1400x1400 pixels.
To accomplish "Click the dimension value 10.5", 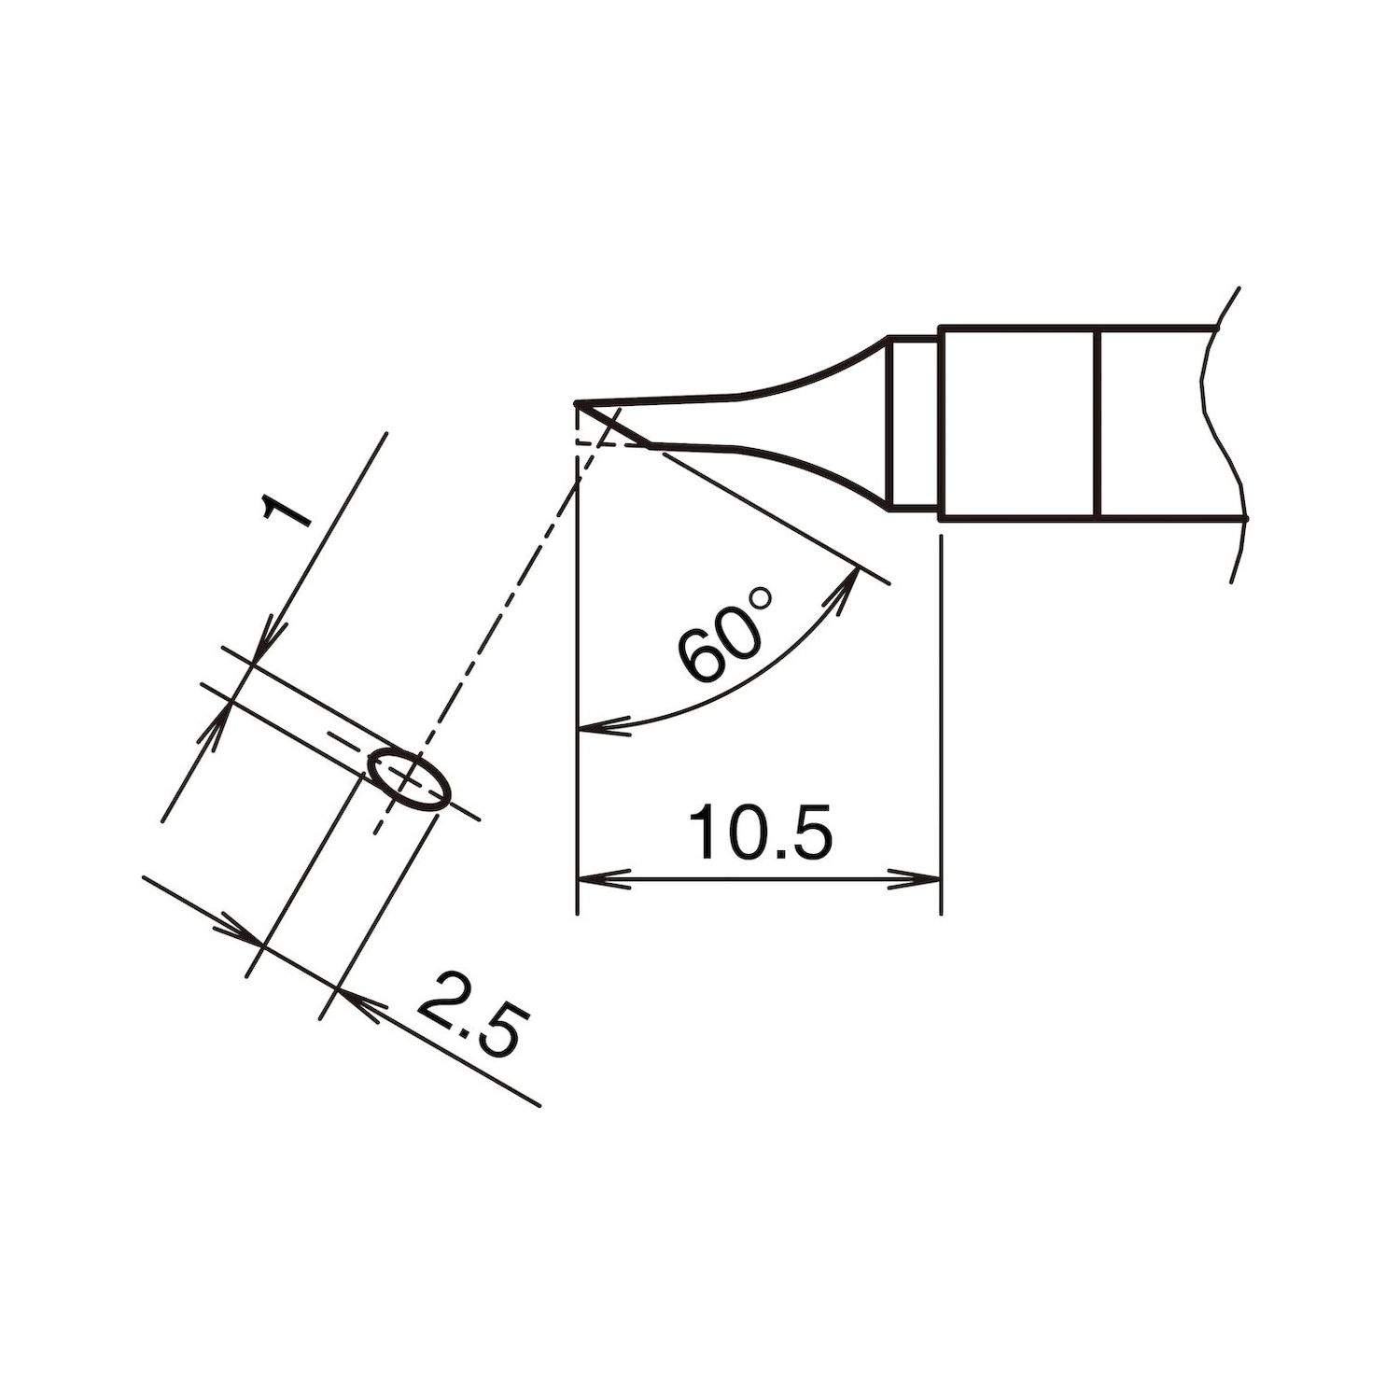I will (758, 833).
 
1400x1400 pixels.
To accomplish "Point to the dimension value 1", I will (287, 514).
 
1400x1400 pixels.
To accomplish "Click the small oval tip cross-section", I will (410, 777).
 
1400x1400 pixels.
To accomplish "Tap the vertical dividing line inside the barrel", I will (1100, 422).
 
